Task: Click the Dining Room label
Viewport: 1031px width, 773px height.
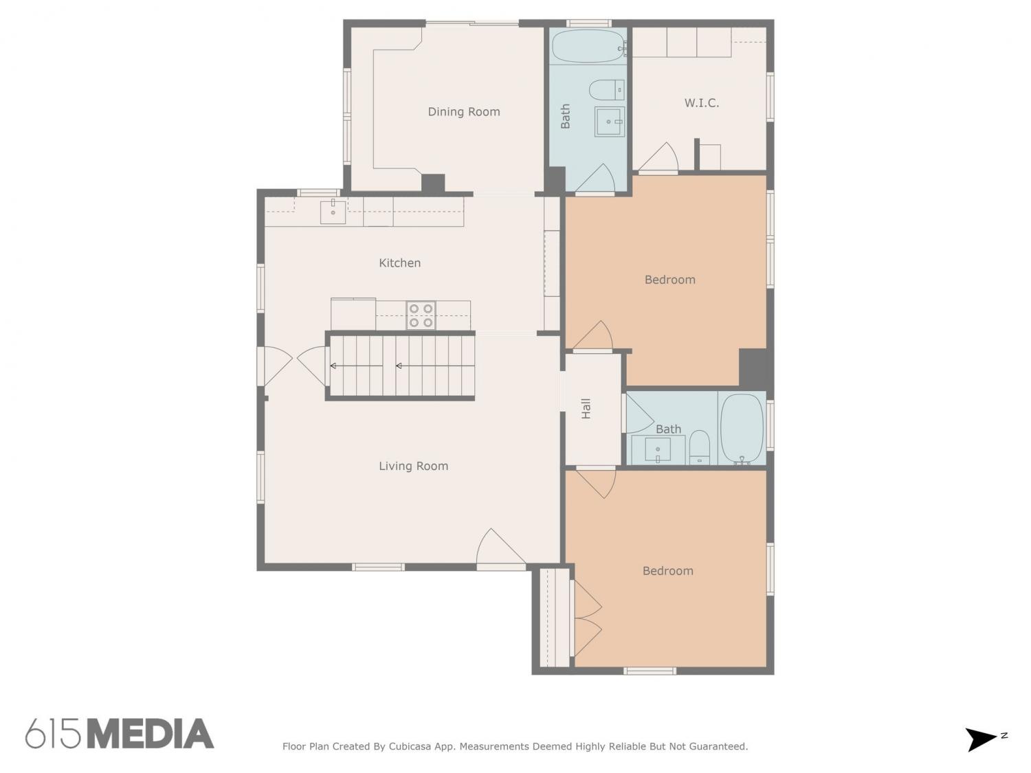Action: (x=463, y=112)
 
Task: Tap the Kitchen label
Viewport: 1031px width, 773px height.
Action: (x=400, y=263)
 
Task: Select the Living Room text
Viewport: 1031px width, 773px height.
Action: (x=413, y=466)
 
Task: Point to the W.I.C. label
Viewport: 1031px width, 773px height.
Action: (x=701, y=103)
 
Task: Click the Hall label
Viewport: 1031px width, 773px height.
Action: (x=586, y=408)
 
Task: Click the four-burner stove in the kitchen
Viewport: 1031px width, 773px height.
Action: (x=421, y=315)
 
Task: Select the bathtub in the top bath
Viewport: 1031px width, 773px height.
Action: (x=588, y=46)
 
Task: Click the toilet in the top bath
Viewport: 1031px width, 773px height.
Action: (x=607, y=89)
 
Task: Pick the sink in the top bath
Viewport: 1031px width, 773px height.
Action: (x=610, y=122)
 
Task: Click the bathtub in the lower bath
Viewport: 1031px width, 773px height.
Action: (x=742, y=429)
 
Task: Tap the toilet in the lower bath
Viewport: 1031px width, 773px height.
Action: (x=699, y=447)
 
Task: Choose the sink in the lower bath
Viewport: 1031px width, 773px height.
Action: (x=658, y=449)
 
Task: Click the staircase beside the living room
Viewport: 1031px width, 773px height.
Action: (x=400, y=366)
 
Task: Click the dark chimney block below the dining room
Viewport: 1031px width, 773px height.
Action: (x=432, y=183)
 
